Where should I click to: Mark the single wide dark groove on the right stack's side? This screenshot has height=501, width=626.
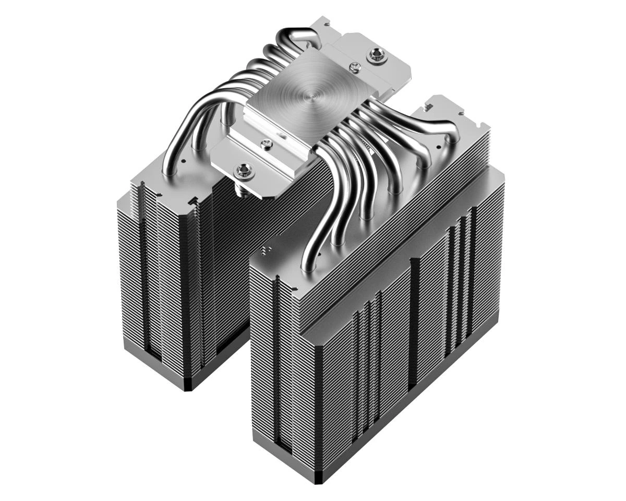[414, 324]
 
